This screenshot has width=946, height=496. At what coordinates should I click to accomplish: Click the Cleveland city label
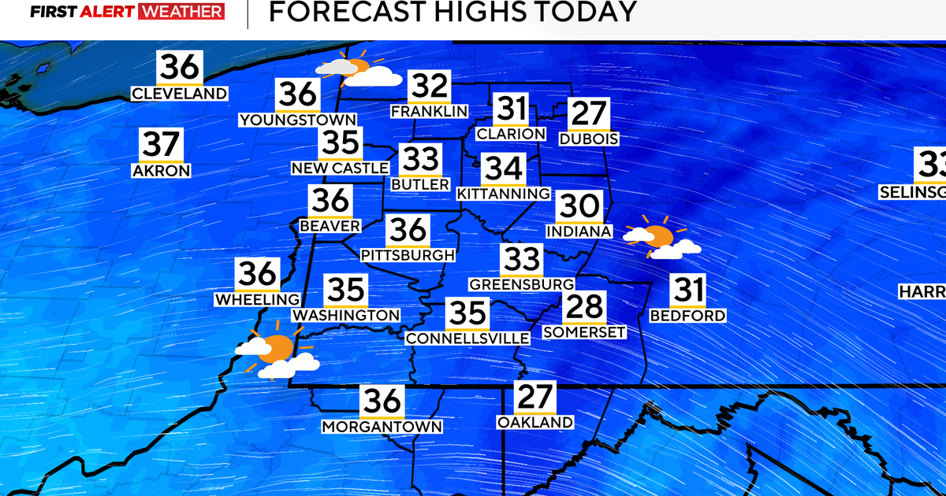pos(180,94)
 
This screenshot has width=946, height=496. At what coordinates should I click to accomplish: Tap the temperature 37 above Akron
pos(162,146)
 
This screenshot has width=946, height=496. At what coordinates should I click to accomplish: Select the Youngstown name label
pos(298,120)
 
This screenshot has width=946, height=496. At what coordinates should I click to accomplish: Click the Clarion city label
pos(511,134)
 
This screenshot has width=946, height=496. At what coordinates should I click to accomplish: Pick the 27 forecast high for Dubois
pos(589,115)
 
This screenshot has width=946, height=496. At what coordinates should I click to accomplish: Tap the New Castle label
pos(340,168)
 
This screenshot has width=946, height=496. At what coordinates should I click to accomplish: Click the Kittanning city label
pos(503,193)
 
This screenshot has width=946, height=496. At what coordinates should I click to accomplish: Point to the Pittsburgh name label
pos(408,255)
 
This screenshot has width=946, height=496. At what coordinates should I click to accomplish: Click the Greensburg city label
pos(521,283)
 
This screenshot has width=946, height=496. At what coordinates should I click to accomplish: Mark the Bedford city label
pos(687,316)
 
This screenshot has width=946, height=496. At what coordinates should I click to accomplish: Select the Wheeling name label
pos(258,299)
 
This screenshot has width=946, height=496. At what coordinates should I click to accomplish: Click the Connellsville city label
pos(467,338)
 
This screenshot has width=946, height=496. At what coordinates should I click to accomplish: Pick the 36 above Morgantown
pos(382,402)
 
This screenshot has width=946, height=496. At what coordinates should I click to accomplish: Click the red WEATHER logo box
pos(181,13)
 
